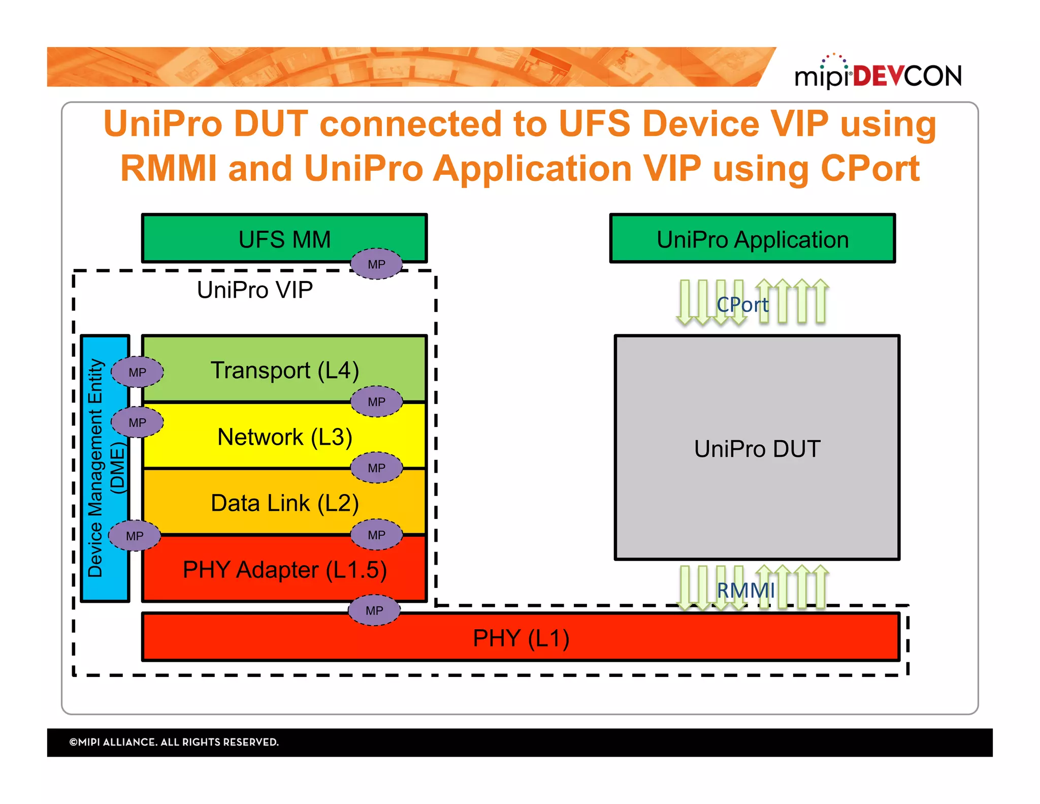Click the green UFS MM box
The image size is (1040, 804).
[x=284, y=239]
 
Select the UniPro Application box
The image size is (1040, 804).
[x=752, y=239]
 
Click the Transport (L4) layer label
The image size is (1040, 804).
[x=284, y=370]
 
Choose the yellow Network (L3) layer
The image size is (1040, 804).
[x=284, y=437]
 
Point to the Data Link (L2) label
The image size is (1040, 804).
[x=284, y=503]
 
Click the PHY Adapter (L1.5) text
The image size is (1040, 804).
[x=284, y=569]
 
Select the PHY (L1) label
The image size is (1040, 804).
[x=521, y=638]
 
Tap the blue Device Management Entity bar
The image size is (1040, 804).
[x=104, y=468]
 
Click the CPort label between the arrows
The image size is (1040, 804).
[x=742, y=305]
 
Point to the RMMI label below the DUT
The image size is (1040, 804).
[x=745, y=591]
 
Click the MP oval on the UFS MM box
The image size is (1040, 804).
[x=376, y=264]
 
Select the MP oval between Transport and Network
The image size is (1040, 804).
[x=376, y=401]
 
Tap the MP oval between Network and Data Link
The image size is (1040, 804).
[x=376, y=468]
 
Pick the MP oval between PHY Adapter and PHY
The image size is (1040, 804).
[x=374, y=610]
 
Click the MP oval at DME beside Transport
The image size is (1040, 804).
[x=137, y=372]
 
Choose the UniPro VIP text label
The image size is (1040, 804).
[x=254, y=290]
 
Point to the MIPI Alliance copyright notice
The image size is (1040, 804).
[x=174, y=742]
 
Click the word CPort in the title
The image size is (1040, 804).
[x=869, y=169]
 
